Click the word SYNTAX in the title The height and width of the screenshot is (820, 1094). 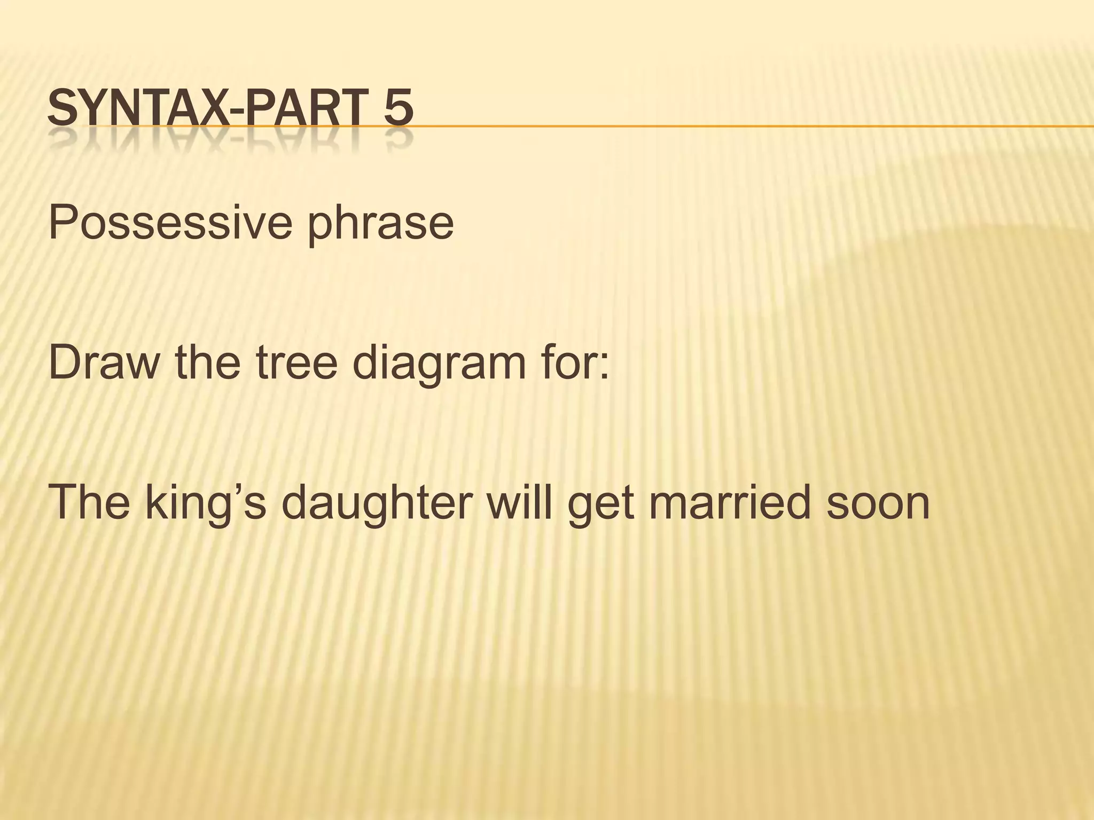coord(134,109)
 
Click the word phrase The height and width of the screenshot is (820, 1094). coord(380,224)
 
